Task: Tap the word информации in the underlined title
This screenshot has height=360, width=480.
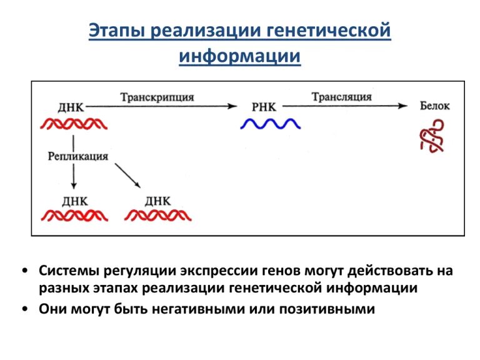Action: pyautogui.click(x=240, y=56)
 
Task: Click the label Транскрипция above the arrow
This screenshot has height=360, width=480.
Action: pyautogui.click(x=157, y=97)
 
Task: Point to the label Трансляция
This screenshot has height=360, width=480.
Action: pyautogui.click(x=341, y=97)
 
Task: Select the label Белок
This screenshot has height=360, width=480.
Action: pyautogui.click(x=434, y=106)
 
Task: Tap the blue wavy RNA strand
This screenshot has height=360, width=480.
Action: pyautogui.click(x=270, y=124)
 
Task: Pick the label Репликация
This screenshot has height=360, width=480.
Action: pyautogui.click(x=78, y=156)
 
